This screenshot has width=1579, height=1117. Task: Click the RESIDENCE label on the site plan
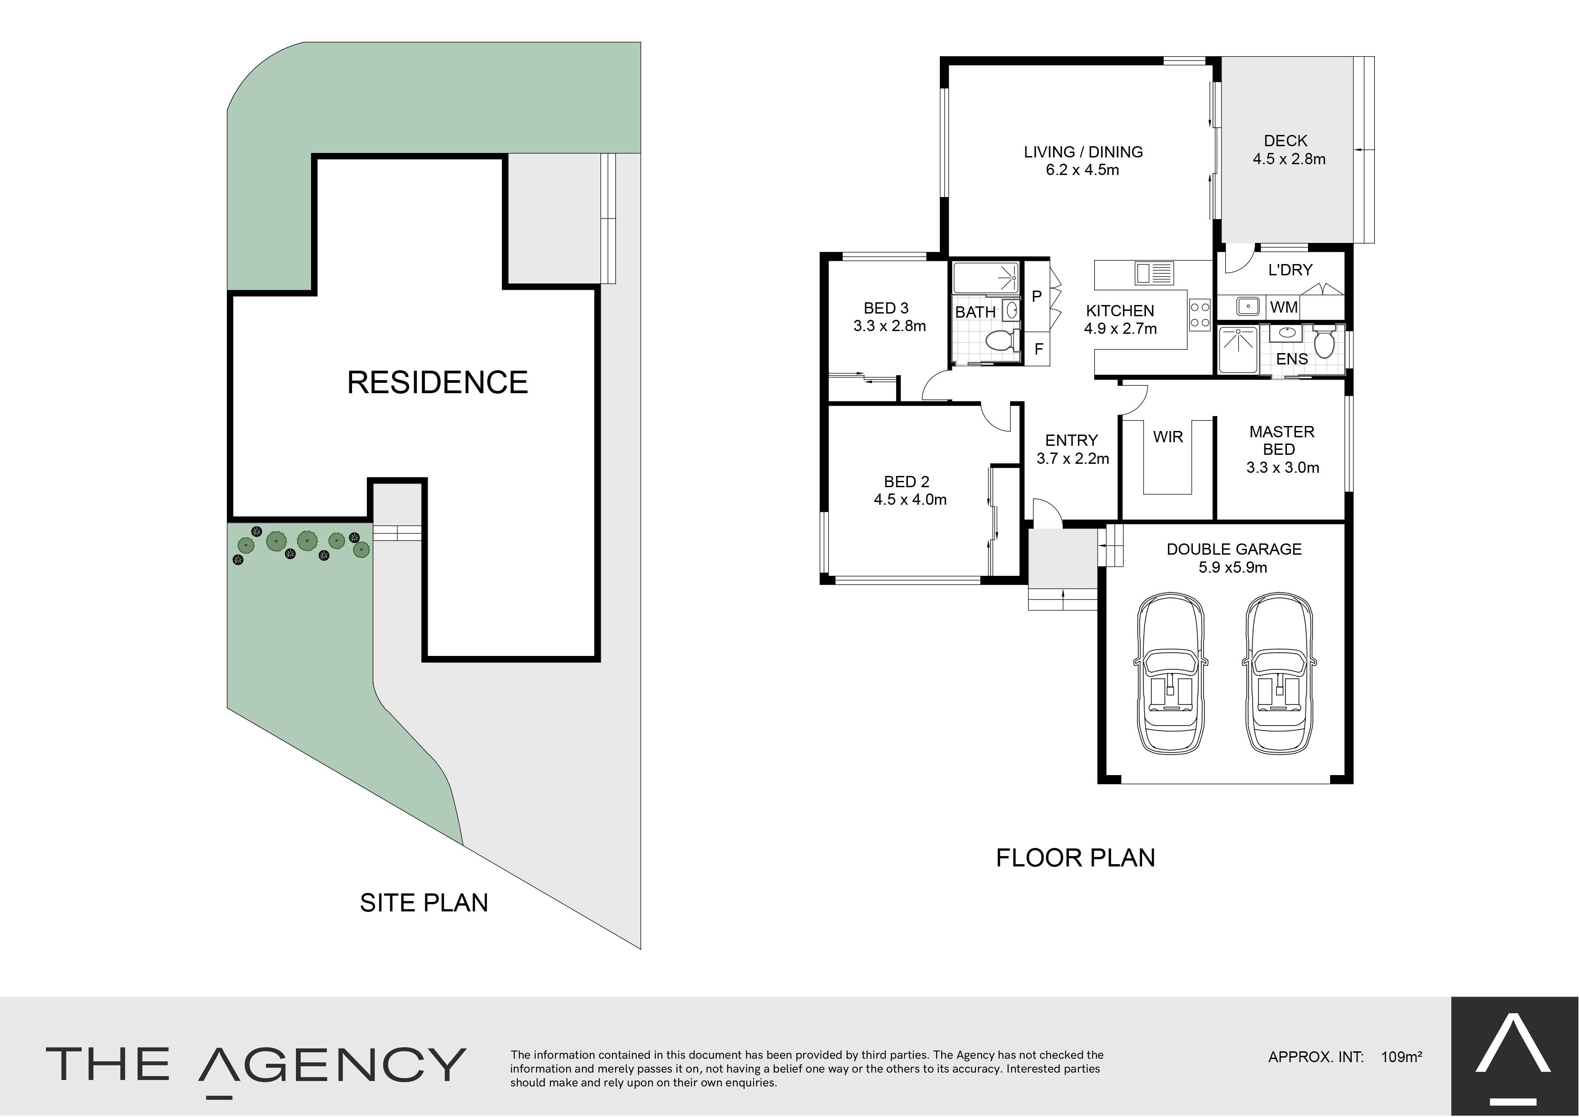tap(437, 382)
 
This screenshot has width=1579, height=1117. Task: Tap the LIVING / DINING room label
tap(1083, 152)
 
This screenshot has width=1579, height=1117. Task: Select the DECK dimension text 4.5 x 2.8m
tap(1289, 159)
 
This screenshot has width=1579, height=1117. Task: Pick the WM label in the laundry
tap(1284, 307)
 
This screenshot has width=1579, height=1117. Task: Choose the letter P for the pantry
tap(1037, 296)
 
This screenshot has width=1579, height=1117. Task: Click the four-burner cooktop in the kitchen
tap(1200, 315)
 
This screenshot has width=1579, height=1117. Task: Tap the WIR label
tap(1168, 437)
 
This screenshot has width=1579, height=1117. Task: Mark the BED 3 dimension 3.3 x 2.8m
tap(889, 326)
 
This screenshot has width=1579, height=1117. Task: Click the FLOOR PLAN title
tap(1075, 858)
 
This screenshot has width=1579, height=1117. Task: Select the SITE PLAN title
tap(424, 902)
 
